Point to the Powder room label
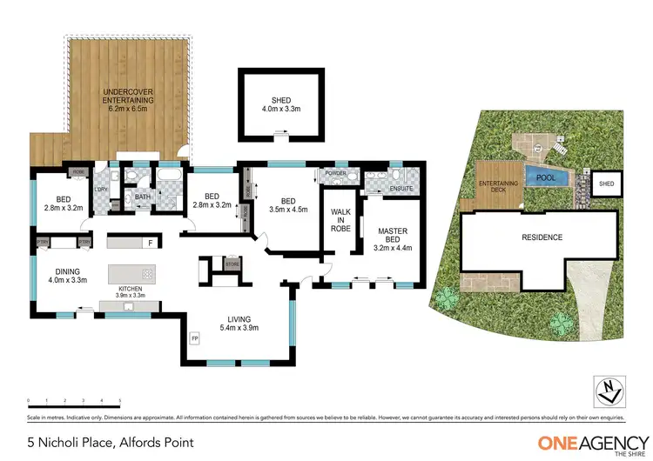tap(335, 173)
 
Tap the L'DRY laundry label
tap(101, 189)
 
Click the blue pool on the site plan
tap(545, 177)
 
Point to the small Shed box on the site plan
tap(606, 184)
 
